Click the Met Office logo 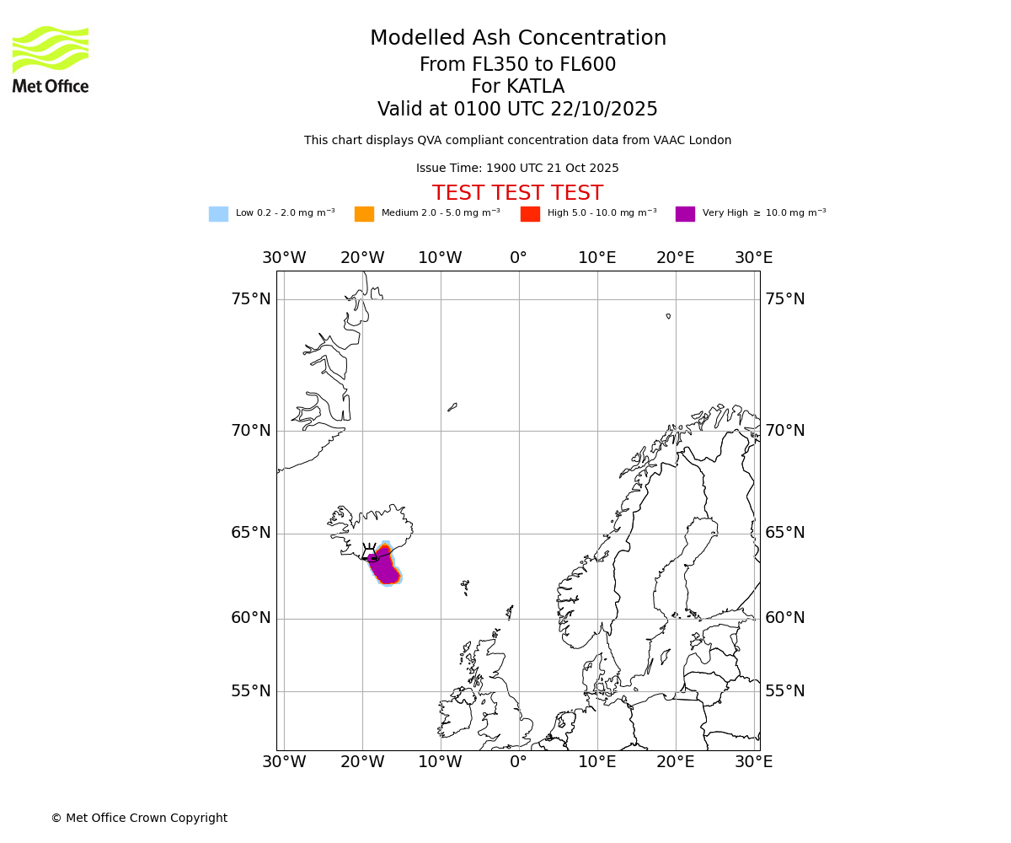pyautogui.click(x=51, y=59)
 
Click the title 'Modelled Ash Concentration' pyautogui.click(x=517, y=39)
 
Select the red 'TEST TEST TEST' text pyautogui.click(x=517, y=193)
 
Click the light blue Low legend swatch pyautogui.click(x=218, y=214)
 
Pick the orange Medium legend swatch pyautogui.click(x=364, y=214)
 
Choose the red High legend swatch pyautogui.click(x=530, y=214)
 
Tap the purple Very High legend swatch pyautogui.click(x=685, y=214)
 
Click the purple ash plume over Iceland pyautogui.click(x=385, y=566)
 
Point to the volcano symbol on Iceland pyautogui.click(x=369, y=551)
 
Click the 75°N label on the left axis pyautogui.click(x=251, y=299)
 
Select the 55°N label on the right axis pyautogui.click(x=784, y=691)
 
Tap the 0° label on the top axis pyautogui.click(x=518, y=258)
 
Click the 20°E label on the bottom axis pyautogui.click(x=675, y=762)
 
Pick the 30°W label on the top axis pyautogui.click(x=284, y=258)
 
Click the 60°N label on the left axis pyautogui.click(x=251, y=618)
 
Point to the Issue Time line pyautogui.click(x=517, y=169)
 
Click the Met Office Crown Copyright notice pyautogui.click(x=139, y=818)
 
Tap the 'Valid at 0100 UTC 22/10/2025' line pyautogui.click(x=517, y=110)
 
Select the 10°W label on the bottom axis pyautogui.click(x=440, y=762)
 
